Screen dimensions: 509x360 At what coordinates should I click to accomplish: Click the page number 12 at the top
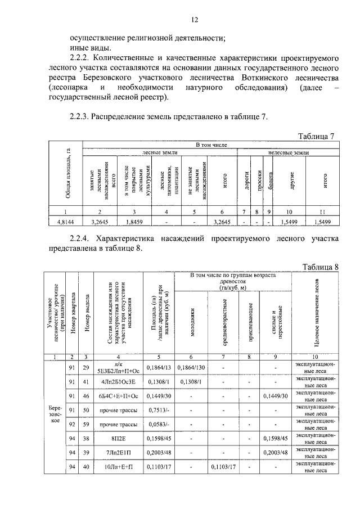coord(195,20)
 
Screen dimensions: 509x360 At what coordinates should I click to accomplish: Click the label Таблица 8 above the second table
coord(320,267)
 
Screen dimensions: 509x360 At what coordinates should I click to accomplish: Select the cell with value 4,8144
coord(67,222)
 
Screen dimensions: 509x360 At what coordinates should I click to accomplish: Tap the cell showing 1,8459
coord(133,222)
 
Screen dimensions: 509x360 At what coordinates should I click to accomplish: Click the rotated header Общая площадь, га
coord(67,174)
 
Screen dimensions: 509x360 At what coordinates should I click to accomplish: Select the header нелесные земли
coord(289,152)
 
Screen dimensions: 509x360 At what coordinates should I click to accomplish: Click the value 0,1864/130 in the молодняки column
coord(192,367)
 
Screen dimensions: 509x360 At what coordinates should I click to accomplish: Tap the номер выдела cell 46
coord(86,396)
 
